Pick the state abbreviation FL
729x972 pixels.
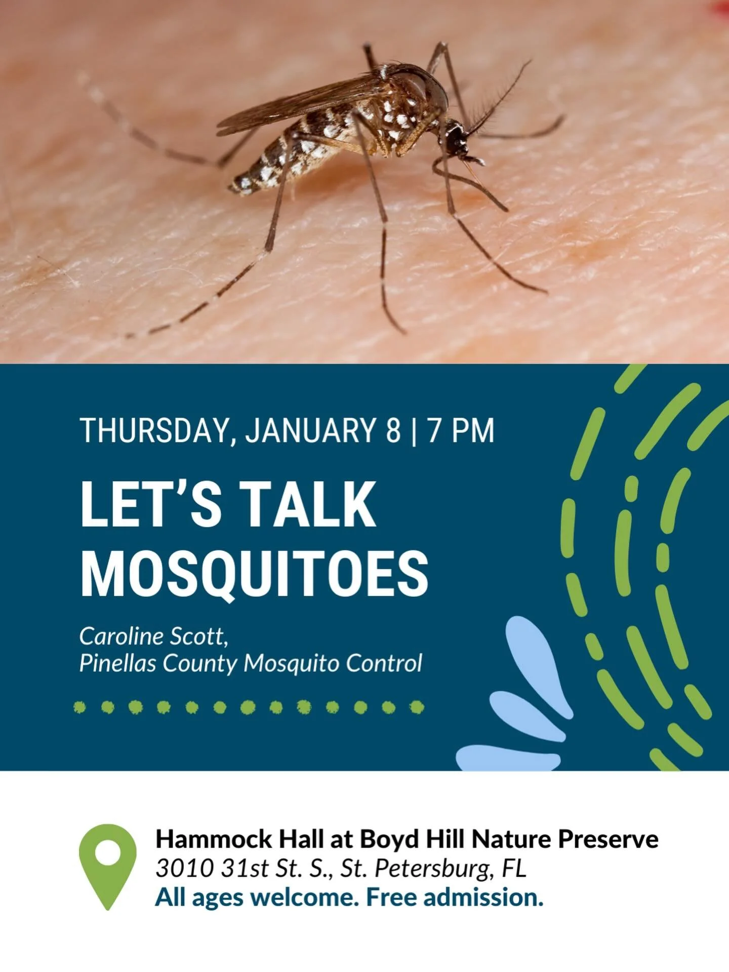(x=514, y=868)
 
